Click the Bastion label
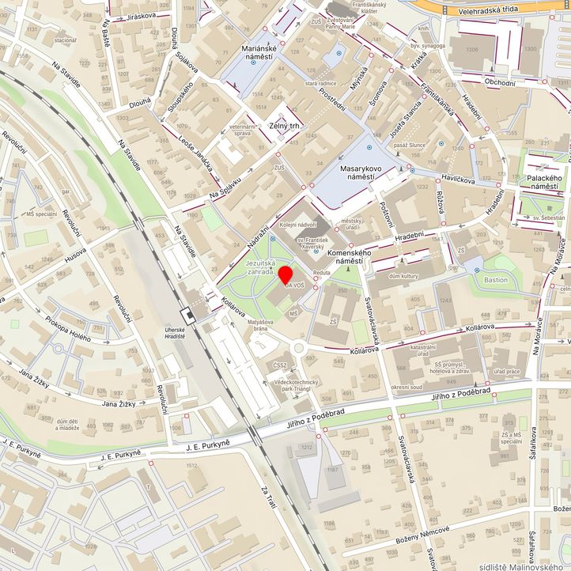coord(496,280)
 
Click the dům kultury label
coord(404,275)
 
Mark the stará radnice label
coord(322,82)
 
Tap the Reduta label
coord(321,272)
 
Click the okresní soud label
coord(407,387)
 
